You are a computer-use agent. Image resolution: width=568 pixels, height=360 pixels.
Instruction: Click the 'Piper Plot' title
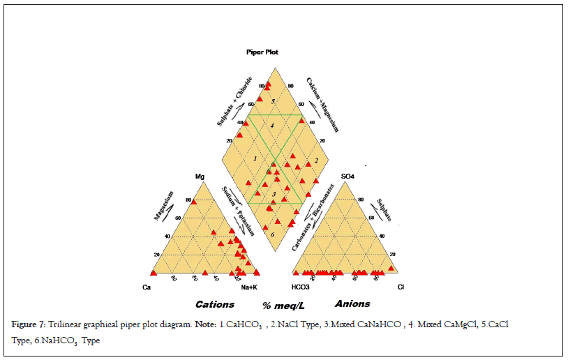point(262,52)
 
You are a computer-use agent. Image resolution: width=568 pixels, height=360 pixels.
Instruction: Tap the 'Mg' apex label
point(200,177)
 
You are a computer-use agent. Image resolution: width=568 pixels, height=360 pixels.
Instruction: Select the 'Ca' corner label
point(147,287)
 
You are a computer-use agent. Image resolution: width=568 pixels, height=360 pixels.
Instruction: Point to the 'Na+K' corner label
point(250,287)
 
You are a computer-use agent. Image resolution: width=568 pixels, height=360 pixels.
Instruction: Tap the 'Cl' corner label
point(401,287)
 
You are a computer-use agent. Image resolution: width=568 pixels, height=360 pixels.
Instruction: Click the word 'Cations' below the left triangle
point(215,304)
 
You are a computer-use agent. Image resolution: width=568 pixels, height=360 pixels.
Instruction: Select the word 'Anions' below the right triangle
point(352,303)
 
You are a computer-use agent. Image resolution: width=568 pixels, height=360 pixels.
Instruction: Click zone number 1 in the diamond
point(255,160)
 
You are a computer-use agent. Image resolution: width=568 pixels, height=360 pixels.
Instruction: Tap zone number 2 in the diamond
point(316,161)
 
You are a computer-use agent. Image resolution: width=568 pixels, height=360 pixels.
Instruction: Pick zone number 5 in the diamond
point(274,102)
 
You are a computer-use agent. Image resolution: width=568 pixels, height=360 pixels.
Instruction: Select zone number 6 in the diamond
point(273,235)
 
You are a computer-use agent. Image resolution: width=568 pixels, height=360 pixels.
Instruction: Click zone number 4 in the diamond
point(274,125)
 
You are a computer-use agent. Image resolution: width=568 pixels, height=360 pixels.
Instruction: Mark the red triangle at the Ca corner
point(154,272)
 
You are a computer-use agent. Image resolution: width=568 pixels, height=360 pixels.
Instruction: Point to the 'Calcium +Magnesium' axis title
point(322,105)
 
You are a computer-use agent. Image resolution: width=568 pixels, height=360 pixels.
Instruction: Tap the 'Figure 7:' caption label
point(28,326)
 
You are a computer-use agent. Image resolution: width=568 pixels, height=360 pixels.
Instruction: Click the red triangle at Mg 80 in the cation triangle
point(194,202)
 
